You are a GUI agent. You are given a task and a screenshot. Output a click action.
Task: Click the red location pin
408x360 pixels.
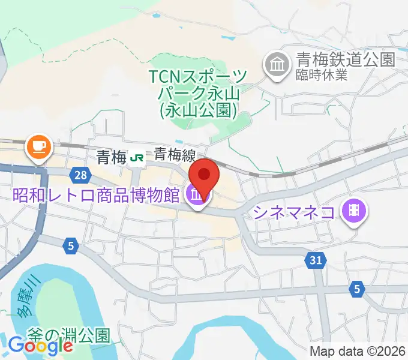[x=204, y=175]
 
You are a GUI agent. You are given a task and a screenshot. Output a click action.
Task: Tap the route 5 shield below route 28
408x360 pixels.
[x=71, y=245]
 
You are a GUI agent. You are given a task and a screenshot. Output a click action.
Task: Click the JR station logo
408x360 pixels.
[x=137, y=157]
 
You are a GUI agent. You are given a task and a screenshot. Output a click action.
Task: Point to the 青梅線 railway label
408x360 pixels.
[x=175, y=155]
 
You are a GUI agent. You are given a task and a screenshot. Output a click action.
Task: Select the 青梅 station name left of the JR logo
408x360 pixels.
[x=111, y=157]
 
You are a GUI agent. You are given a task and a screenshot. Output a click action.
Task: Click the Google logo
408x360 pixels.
[x=41, y=346]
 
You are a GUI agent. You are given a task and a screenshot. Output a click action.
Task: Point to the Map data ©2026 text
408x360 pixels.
[x=358, y=351]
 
